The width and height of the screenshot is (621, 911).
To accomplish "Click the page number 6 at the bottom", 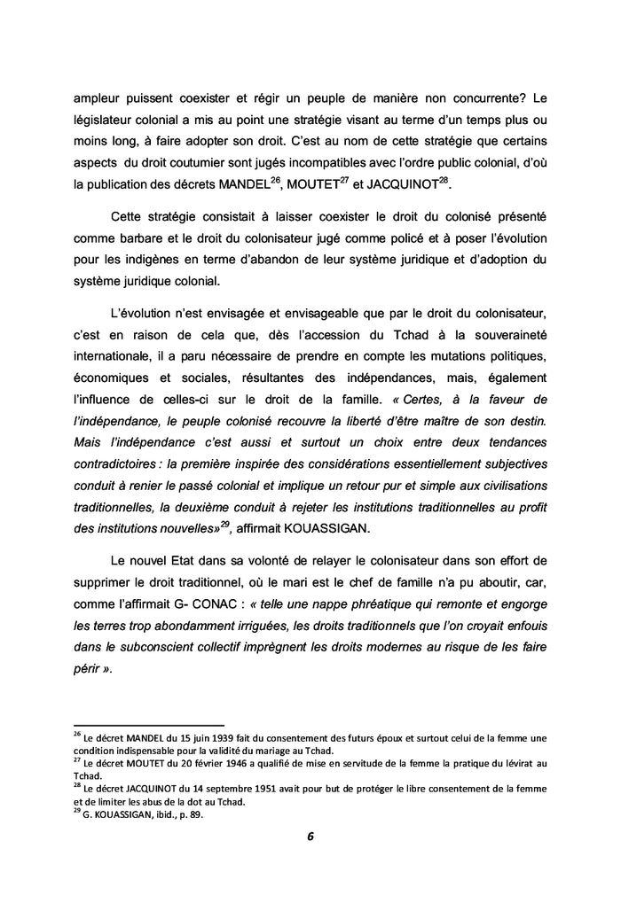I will pos(311,836).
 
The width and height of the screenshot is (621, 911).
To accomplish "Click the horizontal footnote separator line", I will pos(148,724).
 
